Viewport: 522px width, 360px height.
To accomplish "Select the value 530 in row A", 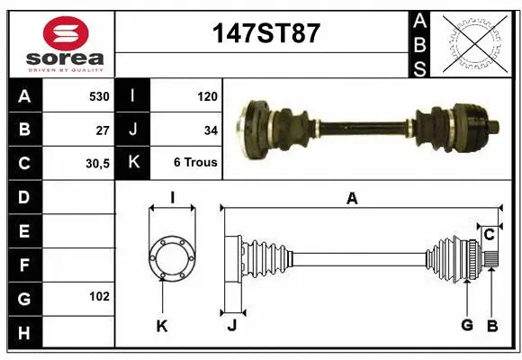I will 99,96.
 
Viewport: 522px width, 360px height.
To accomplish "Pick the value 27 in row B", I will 103,130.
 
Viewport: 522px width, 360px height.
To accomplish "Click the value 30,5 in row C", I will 97,164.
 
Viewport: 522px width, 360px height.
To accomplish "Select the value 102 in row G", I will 99,296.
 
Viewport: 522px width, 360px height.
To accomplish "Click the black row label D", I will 24,197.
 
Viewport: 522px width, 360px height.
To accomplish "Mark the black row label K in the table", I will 133,164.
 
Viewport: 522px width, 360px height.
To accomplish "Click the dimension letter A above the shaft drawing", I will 352,200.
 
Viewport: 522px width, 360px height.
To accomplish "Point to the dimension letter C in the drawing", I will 489,235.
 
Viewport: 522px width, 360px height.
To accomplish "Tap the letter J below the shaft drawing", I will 232,326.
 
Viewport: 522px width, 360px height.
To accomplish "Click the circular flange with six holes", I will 171,257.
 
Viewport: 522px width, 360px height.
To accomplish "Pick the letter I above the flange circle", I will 171,197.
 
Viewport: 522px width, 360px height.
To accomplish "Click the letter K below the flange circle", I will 162,326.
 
